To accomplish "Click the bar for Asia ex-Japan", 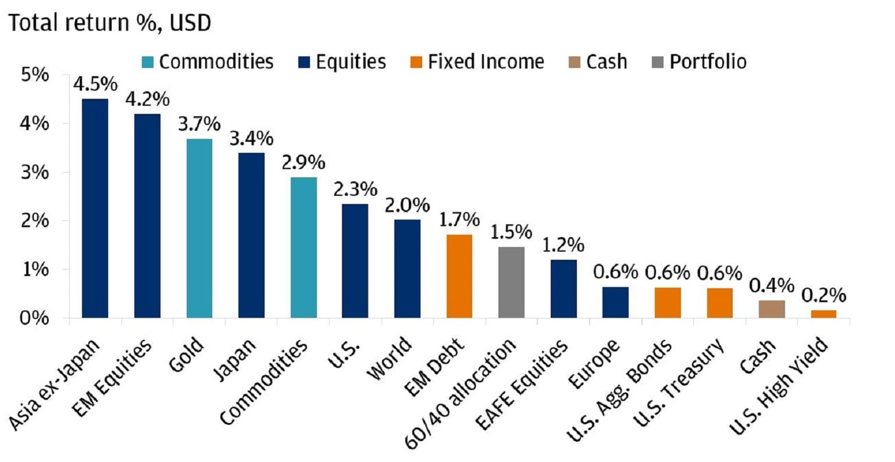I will pyautogui.click(x=95, y=209).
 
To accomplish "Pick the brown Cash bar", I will pyautogui.click(x=772, y=309).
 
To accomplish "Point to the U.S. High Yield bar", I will pyautogui.click(x=823, y=314).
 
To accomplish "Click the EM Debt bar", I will pyautogui.click(x=459, y=277).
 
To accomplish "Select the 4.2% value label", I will pyautogui.click(x=148, y=99).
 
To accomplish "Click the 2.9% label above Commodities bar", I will pyautogui.click(x=304, y=163).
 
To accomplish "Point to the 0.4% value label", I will pyautogui.click(x=772, y=286).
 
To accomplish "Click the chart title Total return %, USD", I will pyautogui.click(x=109, y=23).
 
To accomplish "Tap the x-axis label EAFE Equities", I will pyautogui.click(x=521, y=386).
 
